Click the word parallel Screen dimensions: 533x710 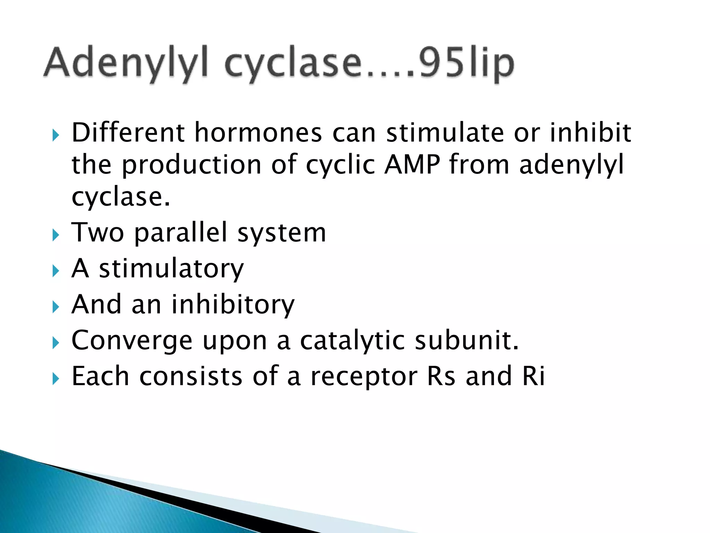(180, 232)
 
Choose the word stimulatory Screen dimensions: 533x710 (171, 269)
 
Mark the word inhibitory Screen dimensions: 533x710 (233, 305)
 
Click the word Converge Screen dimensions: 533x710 (132, 341)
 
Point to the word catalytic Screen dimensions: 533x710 (352, 341)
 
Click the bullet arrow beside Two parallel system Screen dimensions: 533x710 (56, 236)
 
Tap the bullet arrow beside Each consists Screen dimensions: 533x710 (56, 379)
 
